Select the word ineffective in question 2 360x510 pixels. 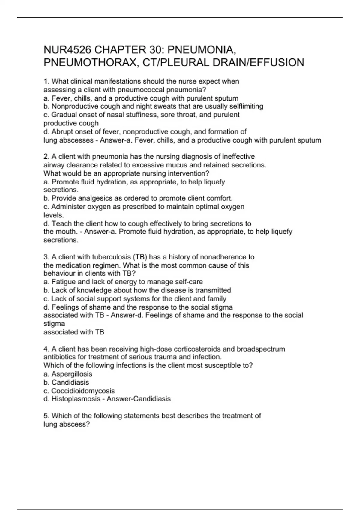pos(238,156)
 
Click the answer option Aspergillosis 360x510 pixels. pos(72,374)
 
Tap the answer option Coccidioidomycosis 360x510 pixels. pos(83,391)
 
